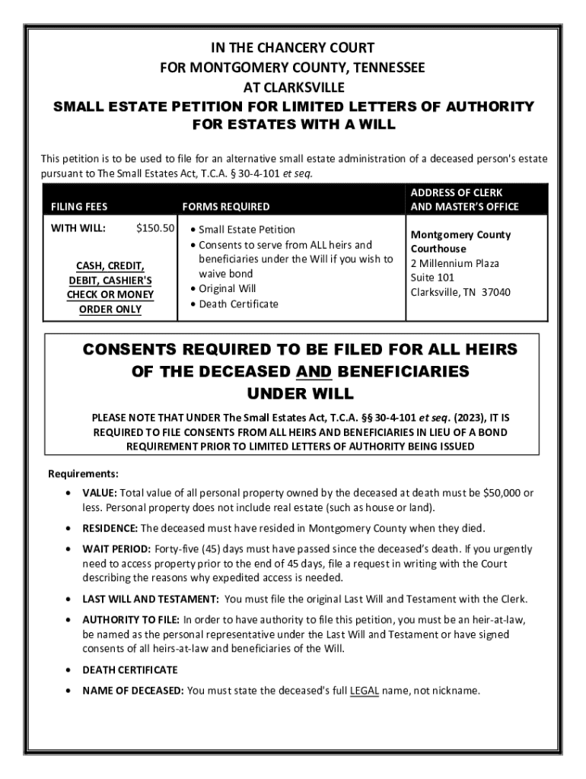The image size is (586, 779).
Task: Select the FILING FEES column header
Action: point(79,206)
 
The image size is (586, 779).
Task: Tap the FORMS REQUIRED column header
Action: point(225,206)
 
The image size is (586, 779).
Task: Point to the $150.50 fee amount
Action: point(155,227)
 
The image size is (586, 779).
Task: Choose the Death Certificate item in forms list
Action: point(238,304)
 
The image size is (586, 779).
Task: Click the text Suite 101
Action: point(432,278)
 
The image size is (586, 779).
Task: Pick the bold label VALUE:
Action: point(100,493)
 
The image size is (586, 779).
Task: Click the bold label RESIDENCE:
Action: point(110,528)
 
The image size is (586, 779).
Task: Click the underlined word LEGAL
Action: point(365,691)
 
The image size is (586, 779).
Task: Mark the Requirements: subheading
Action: point(84,473)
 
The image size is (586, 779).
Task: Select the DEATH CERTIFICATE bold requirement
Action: point(130,670)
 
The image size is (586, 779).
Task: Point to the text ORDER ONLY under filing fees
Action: point(110,309)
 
